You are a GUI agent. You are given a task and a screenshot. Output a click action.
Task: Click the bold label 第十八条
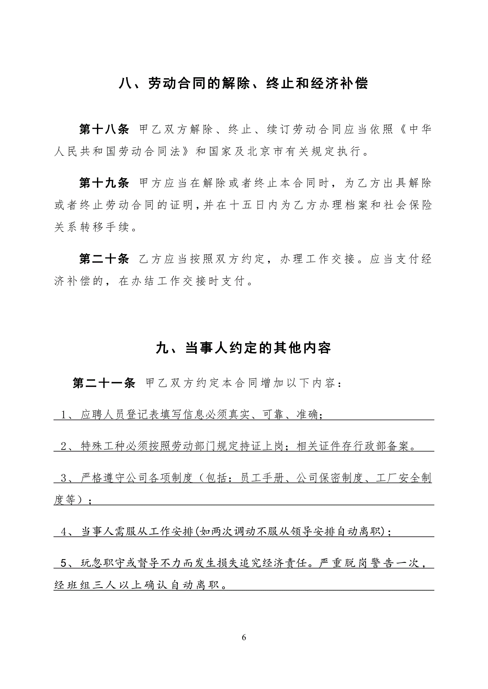click(x=104, y=129)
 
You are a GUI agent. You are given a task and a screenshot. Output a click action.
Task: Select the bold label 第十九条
click(x=104, y=183)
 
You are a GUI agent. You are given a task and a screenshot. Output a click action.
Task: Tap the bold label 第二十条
click(x=104, y=259)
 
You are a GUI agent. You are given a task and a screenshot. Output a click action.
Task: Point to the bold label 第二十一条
click(x=104, y=383)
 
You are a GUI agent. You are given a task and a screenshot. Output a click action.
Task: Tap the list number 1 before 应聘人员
click(x=63, y=415)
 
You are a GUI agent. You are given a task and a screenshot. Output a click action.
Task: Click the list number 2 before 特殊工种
click(x=63, y=446)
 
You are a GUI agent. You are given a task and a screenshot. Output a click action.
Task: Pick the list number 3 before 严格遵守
click(x=63, y=478)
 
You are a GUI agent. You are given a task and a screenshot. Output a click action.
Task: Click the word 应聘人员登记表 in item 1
click(x=120, y=415)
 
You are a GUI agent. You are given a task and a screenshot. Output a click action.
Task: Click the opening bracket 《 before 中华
click(x=400, y=129)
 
